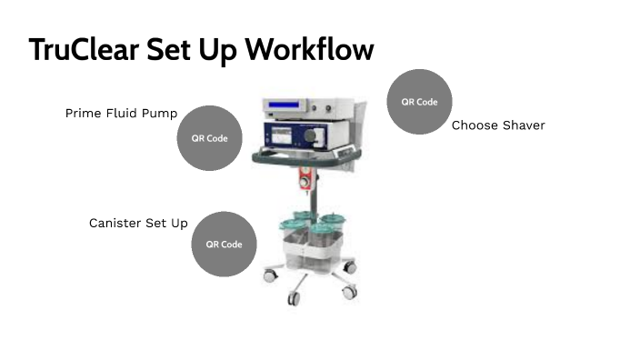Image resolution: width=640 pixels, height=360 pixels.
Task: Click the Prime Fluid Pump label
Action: [x=121, y=114]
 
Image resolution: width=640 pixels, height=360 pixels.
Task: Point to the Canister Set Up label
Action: [x=138, y=223]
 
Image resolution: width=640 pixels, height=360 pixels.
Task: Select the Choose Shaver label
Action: [x=498, y=125]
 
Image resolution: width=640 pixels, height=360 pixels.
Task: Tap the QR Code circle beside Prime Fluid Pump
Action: [x=210, y=138]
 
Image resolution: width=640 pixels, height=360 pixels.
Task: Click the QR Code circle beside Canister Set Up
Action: [x=224, y=244]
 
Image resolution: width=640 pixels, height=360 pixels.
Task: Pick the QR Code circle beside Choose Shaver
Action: [x=419, y=102]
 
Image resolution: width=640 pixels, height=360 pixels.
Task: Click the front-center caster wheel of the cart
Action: [x=294, y=296]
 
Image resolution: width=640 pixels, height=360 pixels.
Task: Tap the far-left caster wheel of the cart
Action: [x=269, y=273]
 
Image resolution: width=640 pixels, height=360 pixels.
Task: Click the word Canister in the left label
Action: [x=115, y=223]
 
